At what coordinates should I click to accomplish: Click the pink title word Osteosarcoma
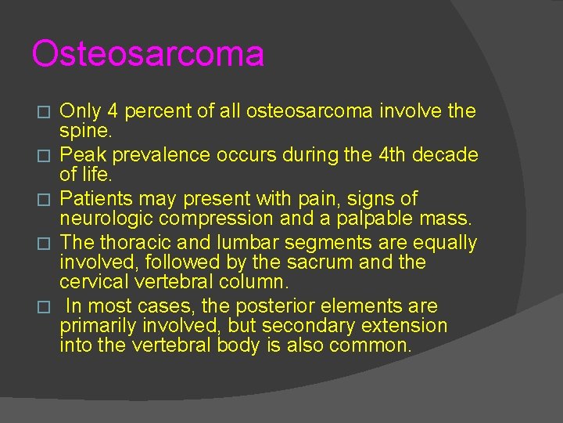pos(148,55)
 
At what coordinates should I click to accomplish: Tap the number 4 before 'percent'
pos(109,111)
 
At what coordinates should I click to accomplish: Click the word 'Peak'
pos(80,155)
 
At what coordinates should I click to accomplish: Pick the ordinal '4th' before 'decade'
pos(394,155)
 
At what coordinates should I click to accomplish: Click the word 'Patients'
pos(96,199)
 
